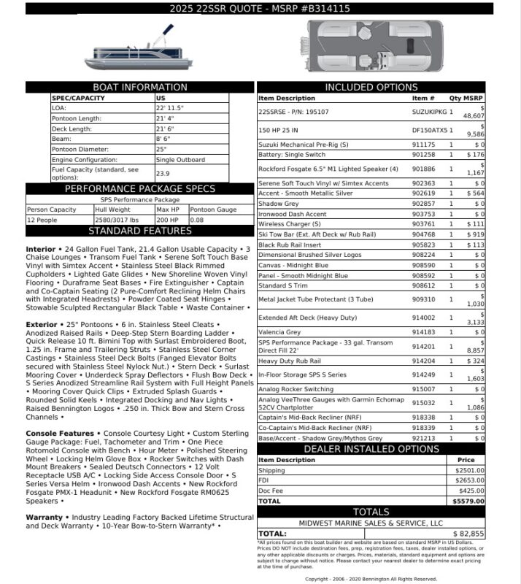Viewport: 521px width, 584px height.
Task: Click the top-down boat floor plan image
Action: coord(370,45)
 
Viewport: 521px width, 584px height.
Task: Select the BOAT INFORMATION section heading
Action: coord(141,88)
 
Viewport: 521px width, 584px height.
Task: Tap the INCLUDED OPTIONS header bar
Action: coord(371,88)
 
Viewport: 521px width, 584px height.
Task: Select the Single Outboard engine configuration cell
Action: coord(180,159)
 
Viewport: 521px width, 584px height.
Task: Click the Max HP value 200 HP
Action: coord(168,220)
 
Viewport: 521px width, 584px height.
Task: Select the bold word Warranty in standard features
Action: coord(44,518)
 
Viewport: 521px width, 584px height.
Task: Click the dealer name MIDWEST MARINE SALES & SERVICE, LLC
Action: coord(371,523)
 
